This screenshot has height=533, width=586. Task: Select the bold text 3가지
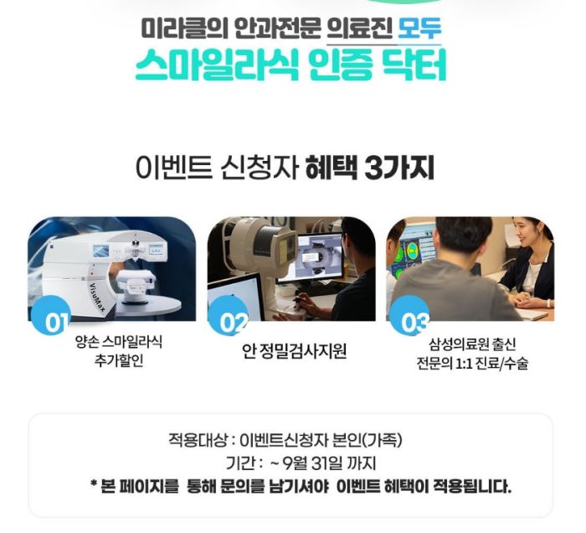398,168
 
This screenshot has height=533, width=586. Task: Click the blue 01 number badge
52,315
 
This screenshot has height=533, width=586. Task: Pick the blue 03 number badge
409,315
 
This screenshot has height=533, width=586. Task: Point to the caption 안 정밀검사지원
294,351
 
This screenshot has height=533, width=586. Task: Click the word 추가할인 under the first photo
119,360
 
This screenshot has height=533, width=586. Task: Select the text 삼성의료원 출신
472,344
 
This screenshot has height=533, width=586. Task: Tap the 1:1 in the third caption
464,364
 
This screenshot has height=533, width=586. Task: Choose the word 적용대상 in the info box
198,440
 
